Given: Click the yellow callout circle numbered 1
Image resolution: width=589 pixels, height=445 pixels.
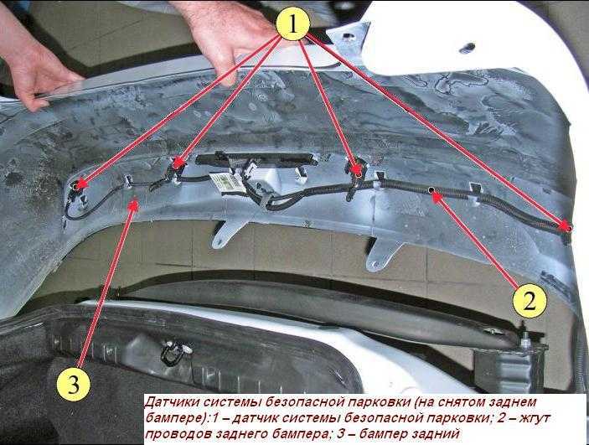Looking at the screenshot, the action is [293, 24].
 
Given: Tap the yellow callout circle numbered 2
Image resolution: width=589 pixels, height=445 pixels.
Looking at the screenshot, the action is [530, 301].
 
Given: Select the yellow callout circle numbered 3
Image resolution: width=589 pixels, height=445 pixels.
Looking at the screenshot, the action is [74, 384].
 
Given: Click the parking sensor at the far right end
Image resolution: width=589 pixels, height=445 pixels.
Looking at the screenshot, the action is [568, 228].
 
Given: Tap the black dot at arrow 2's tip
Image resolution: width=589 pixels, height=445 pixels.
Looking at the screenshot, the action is [432, 189].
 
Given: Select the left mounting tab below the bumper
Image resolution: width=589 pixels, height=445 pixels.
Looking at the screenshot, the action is [227, 233].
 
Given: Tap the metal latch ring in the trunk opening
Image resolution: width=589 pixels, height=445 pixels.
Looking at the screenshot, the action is [172, 354].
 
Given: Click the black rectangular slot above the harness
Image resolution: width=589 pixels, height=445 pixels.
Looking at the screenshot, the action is [256, 160].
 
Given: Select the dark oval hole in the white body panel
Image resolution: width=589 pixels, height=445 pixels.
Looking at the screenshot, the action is [468, 48].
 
